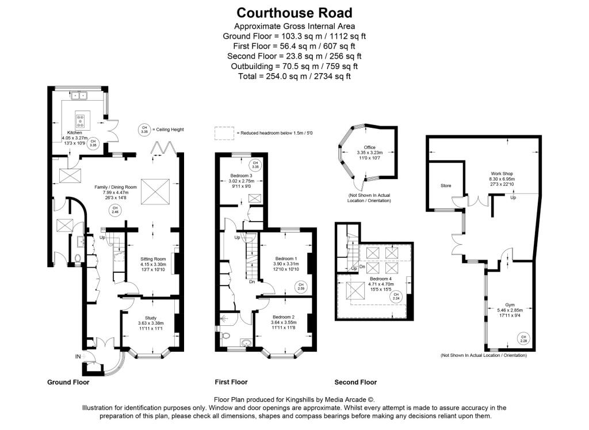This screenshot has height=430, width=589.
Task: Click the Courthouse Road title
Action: tap(294, 13)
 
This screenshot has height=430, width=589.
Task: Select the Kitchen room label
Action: tap(75, 132)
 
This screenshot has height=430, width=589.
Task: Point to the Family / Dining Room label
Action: tap(116, 187)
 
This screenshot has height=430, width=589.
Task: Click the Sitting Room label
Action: tap(153, 259)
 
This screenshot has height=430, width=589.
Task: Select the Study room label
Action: tap(150, 318)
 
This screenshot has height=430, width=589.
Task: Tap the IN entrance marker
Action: tap(78, 357)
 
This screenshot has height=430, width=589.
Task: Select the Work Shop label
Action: tap(502, 173)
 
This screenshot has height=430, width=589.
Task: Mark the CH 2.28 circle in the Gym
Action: tap(523, 338)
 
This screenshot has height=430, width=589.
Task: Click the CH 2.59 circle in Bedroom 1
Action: tap(300, 286)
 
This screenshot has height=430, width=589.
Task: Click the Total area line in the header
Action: tap(294, 75)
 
